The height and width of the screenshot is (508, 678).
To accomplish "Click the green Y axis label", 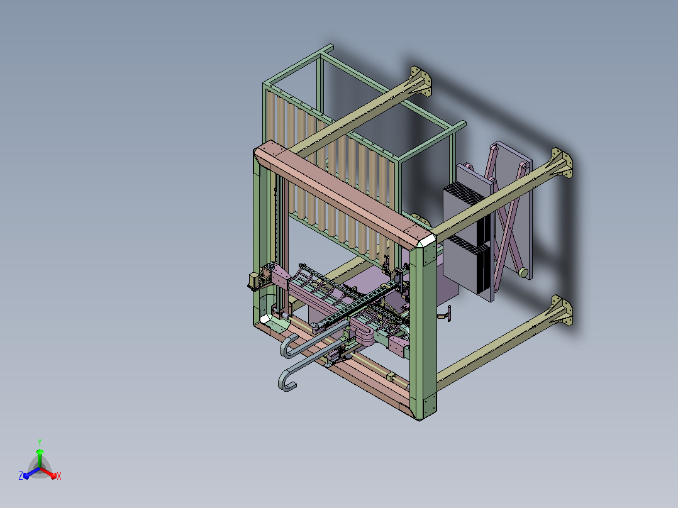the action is [40, 442].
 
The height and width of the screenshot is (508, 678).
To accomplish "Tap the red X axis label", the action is [59, 476].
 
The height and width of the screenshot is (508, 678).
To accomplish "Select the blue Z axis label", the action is [21, 476].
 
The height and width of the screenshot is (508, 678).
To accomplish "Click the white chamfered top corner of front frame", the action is [426, 240].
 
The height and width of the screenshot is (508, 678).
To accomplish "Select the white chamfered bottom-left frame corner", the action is [265, 319].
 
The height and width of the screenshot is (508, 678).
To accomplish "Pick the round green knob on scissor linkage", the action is [523, 272].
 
